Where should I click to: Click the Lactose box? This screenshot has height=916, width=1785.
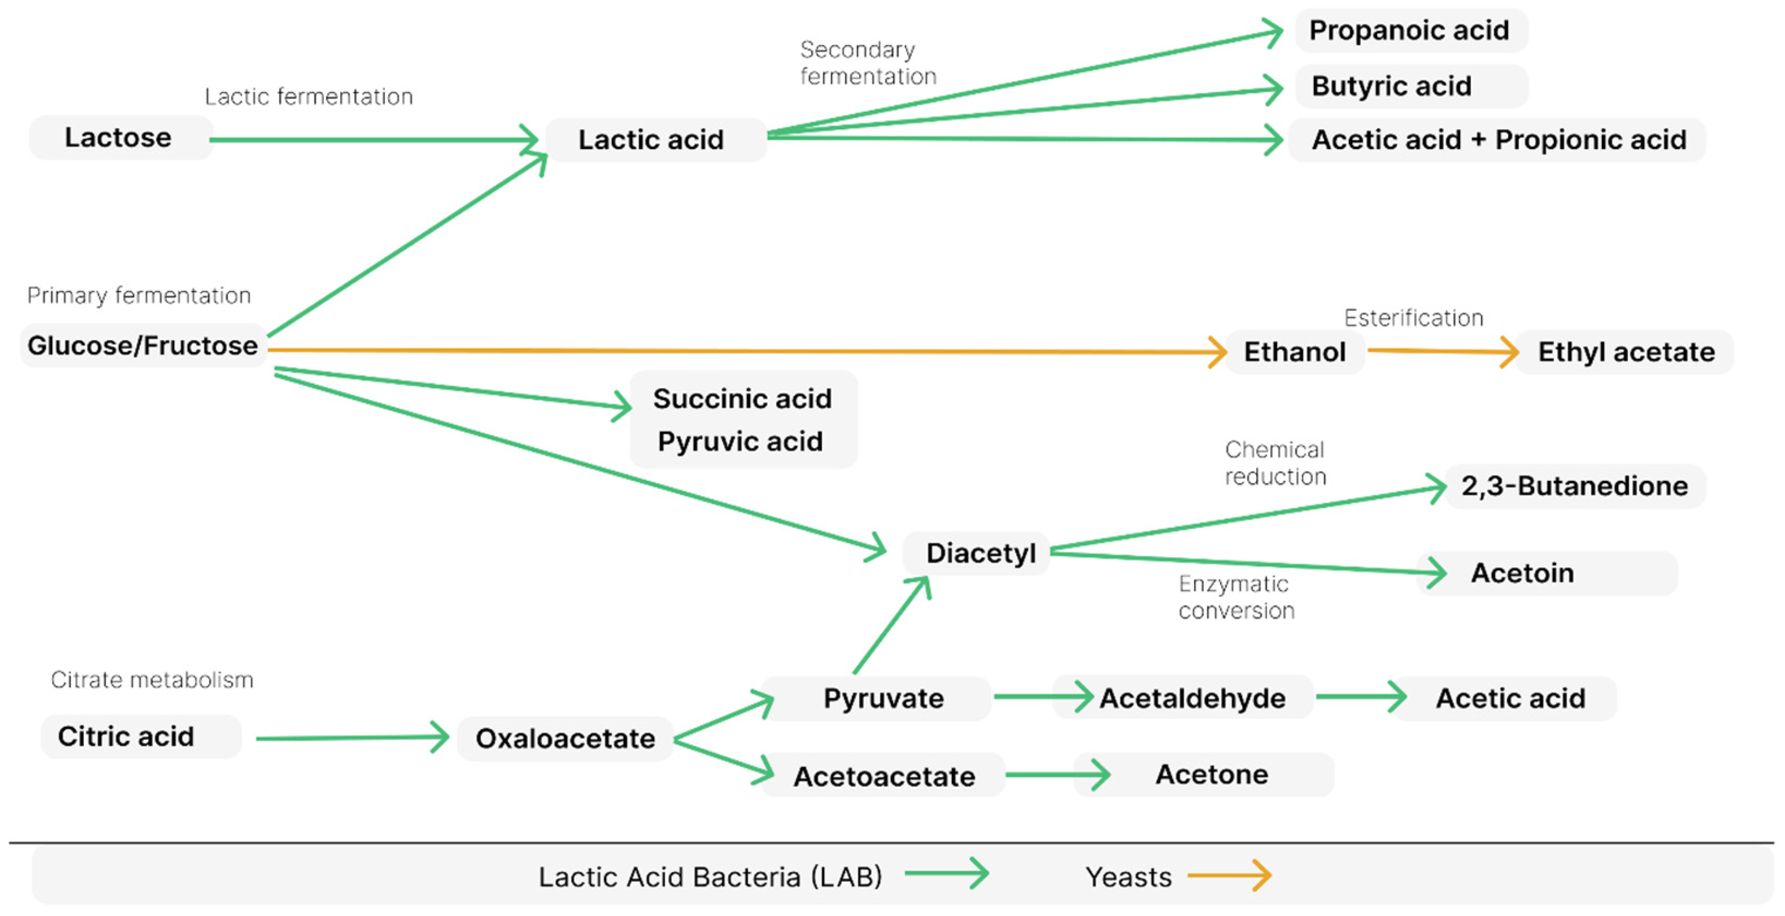(119, 138)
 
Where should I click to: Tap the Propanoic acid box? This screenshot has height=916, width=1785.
(1410, 31)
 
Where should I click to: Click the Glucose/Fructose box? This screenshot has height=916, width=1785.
(143, 346)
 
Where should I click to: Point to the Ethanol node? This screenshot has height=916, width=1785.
(1294, 352)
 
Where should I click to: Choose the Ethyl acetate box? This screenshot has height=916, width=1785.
(1626, 352)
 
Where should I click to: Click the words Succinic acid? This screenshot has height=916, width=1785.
(742, 399)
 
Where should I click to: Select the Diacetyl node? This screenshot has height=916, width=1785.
(980, 553)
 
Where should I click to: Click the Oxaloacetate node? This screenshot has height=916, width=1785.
(565, 739)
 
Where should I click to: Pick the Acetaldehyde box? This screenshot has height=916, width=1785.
(1192, 698)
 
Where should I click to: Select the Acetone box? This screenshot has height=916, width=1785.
(1211, 775)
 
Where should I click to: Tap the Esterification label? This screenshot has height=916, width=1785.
(1414, 318)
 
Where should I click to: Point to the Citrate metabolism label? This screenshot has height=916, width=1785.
(152, 680)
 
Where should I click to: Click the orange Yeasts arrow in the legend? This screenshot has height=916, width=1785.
(1229, 876)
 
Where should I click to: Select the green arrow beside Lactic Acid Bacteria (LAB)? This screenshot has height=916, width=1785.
(947, 874)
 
